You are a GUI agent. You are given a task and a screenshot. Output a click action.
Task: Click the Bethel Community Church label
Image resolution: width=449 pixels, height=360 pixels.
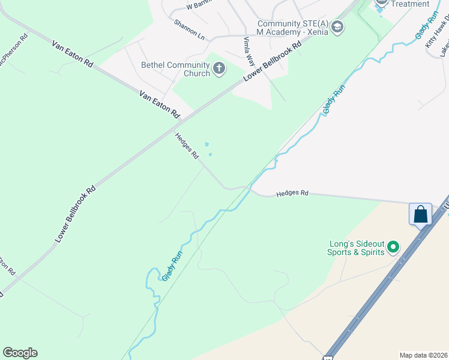175,69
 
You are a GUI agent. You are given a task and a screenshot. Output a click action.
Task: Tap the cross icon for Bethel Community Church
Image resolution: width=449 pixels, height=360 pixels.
218,69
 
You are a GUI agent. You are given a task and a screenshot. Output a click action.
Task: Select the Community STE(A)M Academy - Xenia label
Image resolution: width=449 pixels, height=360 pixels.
292,28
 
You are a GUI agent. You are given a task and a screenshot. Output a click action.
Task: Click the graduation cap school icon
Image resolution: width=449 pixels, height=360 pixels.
337,26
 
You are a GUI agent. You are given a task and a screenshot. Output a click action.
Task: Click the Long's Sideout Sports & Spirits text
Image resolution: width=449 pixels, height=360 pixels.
355,248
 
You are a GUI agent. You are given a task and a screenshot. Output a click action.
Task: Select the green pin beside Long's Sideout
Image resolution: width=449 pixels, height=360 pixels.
393,247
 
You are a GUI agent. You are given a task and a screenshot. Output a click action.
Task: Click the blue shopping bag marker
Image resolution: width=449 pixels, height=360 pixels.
421,214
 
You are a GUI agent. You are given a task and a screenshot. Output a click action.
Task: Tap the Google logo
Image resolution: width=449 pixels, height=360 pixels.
20,353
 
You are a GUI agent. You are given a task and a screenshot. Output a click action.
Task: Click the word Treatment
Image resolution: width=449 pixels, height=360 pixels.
410,4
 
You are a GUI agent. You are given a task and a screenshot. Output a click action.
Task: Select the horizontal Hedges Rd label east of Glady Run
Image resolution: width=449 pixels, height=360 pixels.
292,194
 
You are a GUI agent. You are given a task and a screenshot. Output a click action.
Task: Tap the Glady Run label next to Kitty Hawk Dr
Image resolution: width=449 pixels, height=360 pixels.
427,26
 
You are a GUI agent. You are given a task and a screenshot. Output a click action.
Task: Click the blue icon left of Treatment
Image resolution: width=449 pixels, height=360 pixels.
381,4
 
